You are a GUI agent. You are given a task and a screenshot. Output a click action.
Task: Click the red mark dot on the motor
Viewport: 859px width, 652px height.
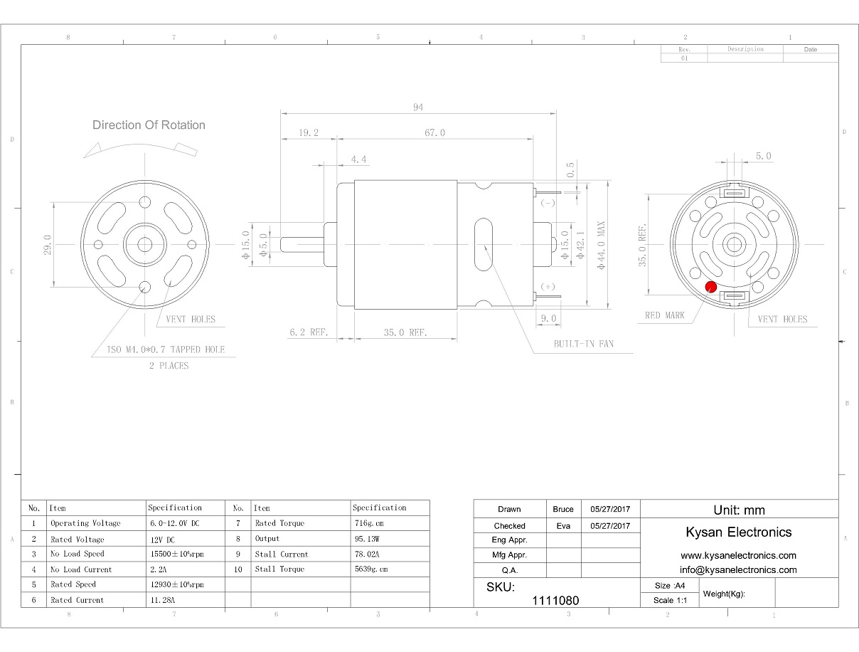pos(710,287)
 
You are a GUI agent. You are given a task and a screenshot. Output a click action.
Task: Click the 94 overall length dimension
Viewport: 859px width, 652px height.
pos(418,107)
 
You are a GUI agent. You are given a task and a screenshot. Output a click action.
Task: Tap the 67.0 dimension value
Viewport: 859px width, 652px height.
pos(434,133)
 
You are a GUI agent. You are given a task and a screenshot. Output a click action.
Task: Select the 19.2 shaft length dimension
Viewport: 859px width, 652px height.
pos(309,133)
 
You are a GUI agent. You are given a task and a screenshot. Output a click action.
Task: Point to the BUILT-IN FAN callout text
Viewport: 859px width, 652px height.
pos(584,344)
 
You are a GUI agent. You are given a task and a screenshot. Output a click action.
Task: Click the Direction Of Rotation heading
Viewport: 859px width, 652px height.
pos(149,125)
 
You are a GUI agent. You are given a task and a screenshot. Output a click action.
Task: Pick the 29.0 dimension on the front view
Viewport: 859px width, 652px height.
pos(48,245)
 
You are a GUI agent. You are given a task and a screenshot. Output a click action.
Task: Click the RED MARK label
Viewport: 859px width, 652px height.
pos(664,315)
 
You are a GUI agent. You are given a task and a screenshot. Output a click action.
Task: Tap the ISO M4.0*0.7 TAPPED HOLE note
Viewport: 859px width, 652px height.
pos(166,349)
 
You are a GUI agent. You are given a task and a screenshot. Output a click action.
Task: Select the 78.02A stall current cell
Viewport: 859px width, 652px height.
pos(367,554)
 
